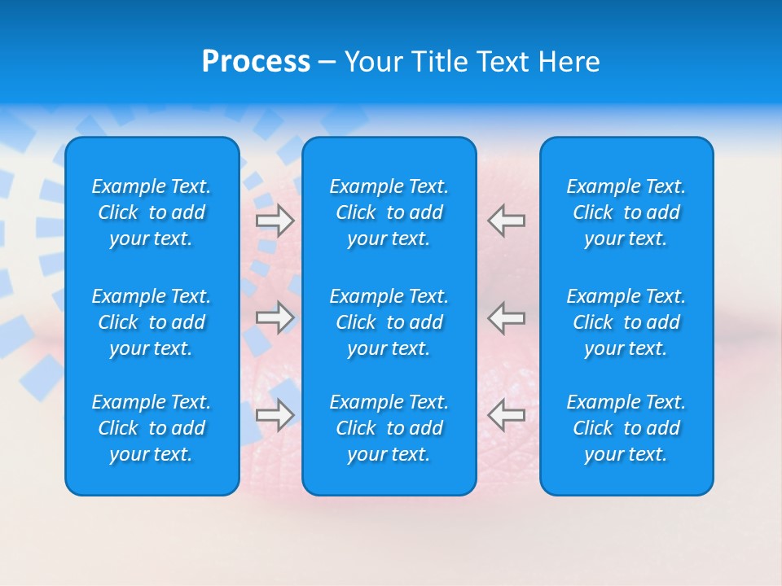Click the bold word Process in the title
256,62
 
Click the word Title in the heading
439,62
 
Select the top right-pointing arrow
275,221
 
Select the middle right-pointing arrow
275,317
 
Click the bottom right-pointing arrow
275,414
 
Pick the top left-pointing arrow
507,221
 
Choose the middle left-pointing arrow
507,317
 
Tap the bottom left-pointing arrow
507,414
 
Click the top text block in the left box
152,212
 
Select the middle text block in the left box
152,322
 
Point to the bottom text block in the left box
152,428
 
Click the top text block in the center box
389,212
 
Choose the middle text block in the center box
389,322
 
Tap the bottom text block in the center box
389,428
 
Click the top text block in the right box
626,212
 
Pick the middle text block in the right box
626,322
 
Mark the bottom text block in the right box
626,428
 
